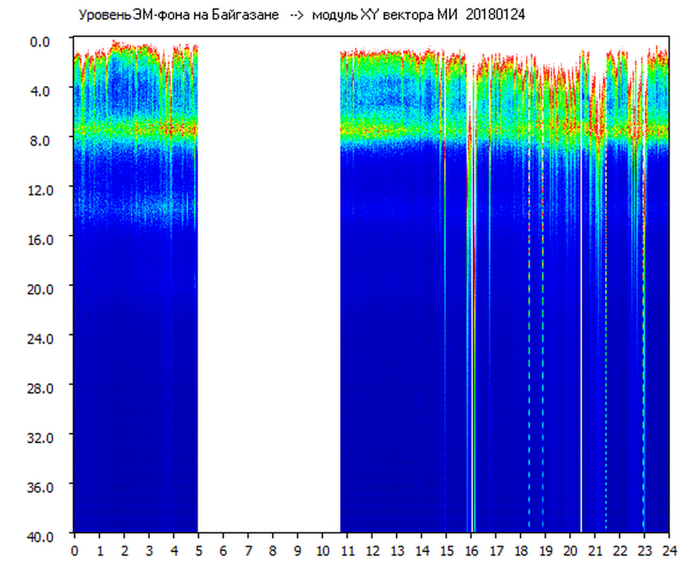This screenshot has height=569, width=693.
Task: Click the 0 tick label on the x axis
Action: point(74,551)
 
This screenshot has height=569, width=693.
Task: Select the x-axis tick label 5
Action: point(198,551)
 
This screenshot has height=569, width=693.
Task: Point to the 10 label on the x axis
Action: point(322,551)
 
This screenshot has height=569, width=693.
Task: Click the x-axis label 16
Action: point(471,551)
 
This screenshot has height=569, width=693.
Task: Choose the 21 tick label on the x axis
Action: point(595,551)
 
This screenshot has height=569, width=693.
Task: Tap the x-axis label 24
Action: point(669,551)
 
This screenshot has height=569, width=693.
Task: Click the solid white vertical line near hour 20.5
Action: point(581,316)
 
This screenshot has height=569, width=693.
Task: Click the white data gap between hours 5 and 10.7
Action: point(269,284)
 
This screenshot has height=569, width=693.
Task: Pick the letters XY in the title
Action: point(369,15)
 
